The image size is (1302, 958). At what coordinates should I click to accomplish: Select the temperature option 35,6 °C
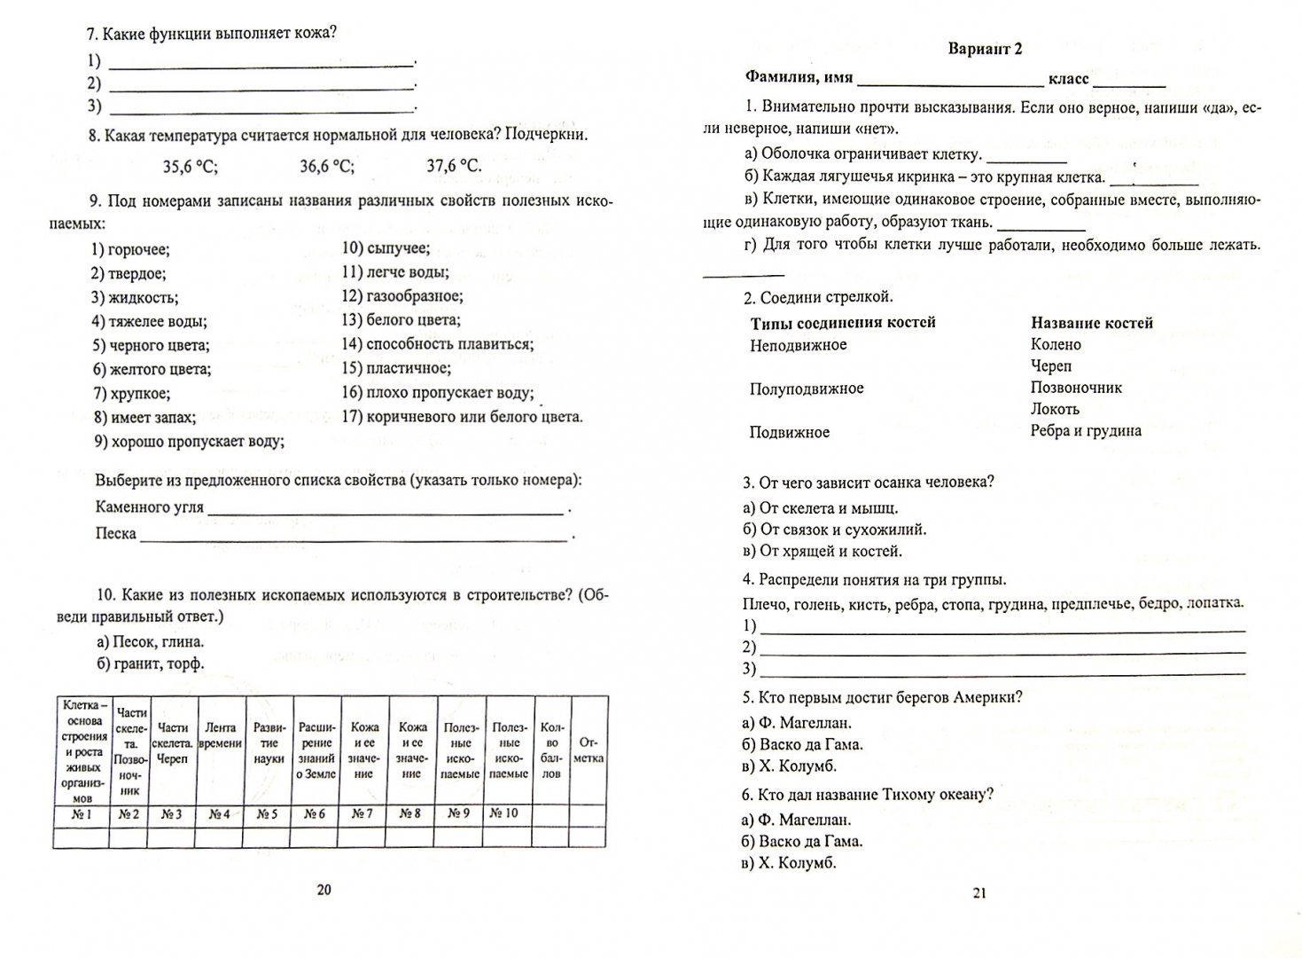click(x=190, y=166)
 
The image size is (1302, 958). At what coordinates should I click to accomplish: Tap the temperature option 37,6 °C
click(x=454, y=166)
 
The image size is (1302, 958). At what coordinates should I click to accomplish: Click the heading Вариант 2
click(x=985, y=50)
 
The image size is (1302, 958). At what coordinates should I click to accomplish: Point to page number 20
click(x=324, y=891)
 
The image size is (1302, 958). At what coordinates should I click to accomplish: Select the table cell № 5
click(x=267, y=814)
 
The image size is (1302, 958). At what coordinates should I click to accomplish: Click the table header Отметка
click(x=589, y=750)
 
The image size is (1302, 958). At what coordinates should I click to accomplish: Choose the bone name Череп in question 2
click(x=1051, y=366)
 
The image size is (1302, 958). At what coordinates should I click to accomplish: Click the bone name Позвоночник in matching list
click(x=1076, y=388)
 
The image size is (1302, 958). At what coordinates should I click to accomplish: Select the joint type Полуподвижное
click(x=807, y=389)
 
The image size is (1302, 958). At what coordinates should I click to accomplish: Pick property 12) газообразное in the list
click(x=402, y=296)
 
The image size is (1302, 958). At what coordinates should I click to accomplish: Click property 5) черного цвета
click(x=151, y=345)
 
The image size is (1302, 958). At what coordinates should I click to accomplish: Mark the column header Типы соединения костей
click(x=843, y=323)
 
